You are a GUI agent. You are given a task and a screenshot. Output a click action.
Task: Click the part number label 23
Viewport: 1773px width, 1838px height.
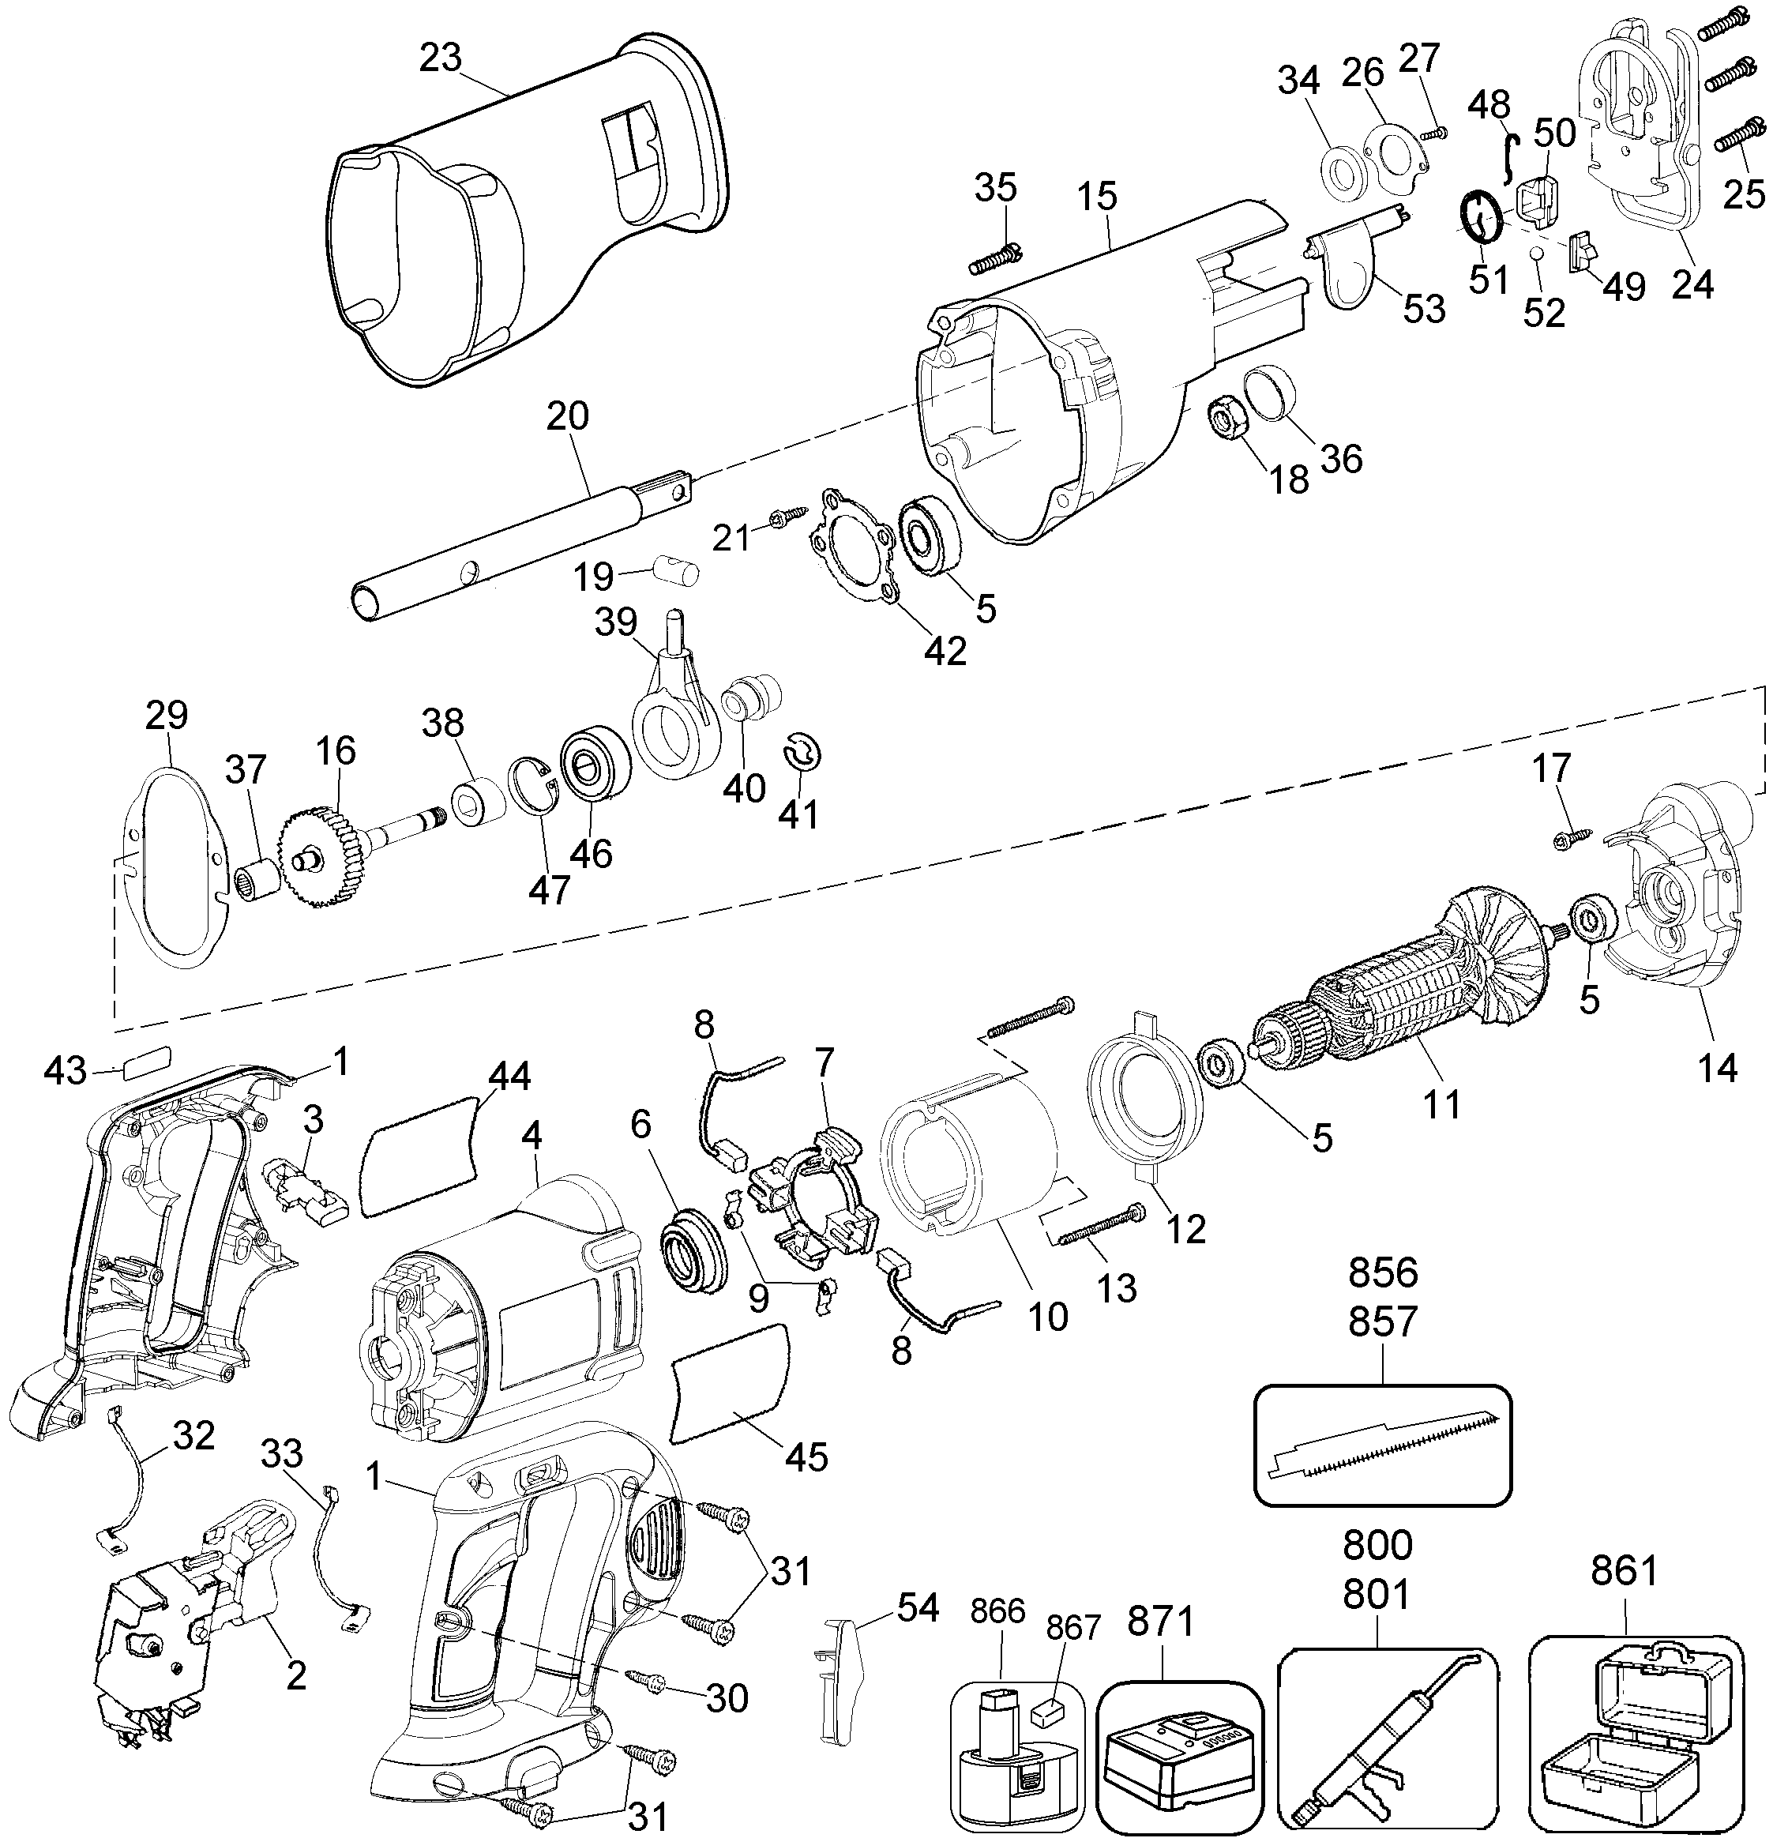[x=440, y=58]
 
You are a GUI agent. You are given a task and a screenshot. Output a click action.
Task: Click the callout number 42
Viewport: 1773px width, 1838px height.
[x=945, y=649]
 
